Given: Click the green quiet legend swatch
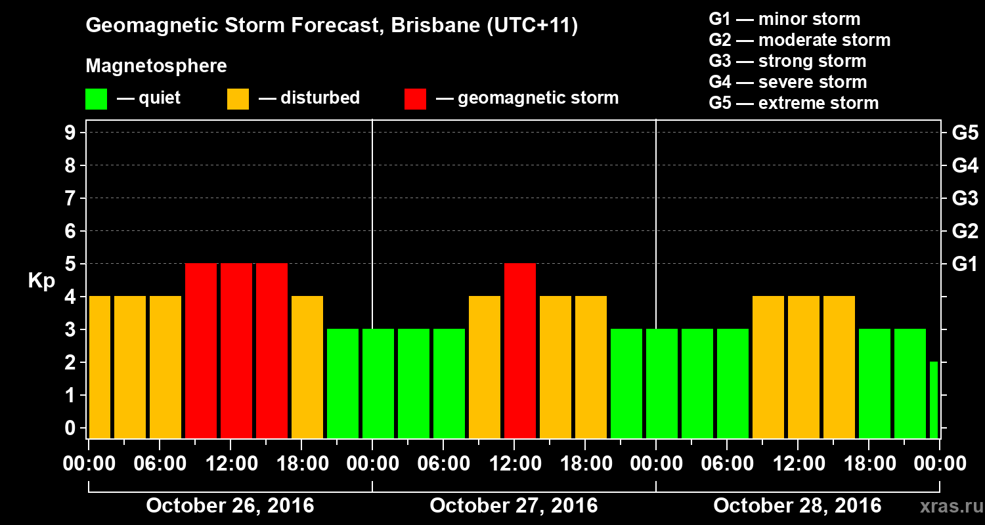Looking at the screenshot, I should [x=96, y=98].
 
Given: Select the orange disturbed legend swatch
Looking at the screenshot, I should [x=238, y=98].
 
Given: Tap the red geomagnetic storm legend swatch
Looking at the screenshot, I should [x=415, y=98].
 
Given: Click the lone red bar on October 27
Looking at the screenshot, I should [x=520, y=350].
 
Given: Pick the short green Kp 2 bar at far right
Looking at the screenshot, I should [x=934, y=400].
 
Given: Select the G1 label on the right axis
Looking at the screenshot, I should [x=965, y=264].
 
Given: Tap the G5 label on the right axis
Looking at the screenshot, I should [x=965, y=133].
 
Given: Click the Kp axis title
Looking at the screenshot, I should [x=41, y=281].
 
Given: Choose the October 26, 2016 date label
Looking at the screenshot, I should [x=230, y=506].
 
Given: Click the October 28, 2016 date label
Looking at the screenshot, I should [x=797, y=506].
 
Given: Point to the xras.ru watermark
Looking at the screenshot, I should [x=946, y=507].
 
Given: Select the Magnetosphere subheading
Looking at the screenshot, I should [x=156, y=66].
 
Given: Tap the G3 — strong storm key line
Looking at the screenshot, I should [x=787, y=61].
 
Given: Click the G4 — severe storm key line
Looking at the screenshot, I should [x=788, y=82].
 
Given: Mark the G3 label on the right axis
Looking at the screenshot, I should [x=965, y=199].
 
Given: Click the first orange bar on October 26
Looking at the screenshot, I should [x=99, y=367].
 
